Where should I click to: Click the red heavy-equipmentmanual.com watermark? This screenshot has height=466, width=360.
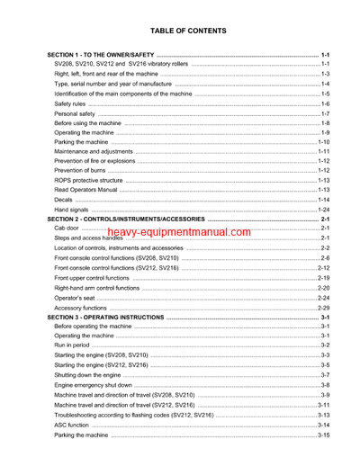click(x=178, y=232)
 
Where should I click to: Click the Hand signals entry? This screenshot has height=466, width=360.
click(x=71, y=210)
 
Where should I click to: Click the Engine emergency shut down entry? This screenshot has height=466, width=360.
click(x=92, y=385)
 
